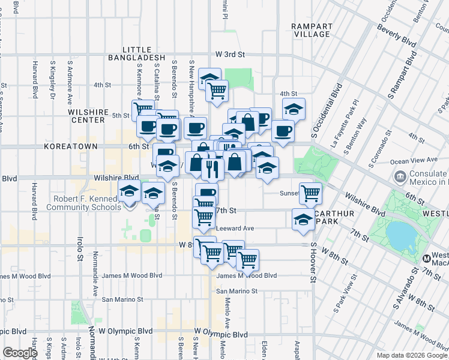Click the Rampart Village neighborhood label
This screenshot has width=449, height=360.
(310, 30)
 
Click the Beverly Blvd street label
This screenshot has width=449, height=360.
(397, 37)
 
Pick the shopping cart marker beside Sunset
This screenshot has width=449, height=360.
(310, 193)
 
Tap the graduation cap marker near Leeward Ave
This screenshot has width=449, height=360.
(303, 219)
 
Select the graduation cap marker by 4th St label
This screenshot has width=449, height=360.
(294, 109)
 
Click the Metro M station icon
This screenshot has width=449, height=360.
(427, 259)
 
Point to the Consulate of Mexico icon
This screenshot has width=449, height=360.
(400, 177)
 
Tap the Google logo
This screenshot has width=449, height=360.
(20, 353)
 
